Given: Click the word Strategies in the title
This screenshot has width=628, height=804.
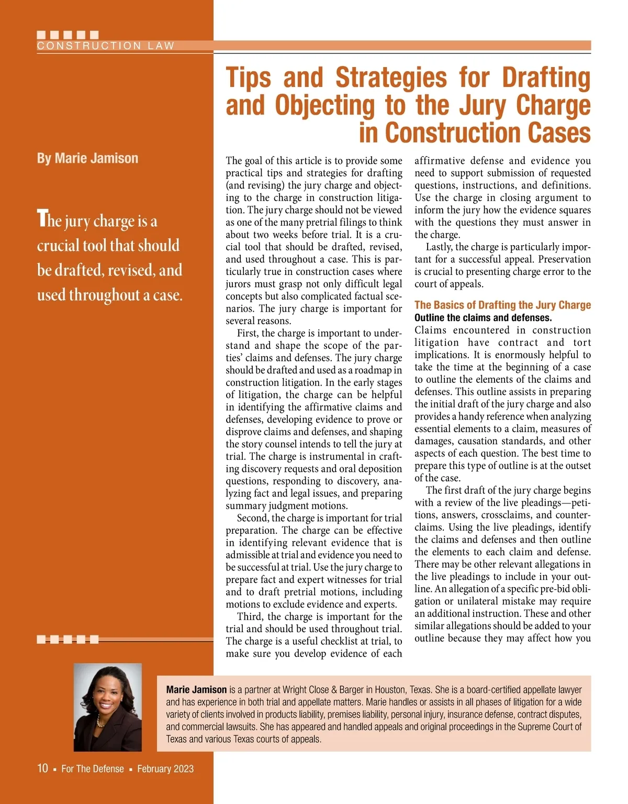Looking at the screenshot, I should tap(391, 78).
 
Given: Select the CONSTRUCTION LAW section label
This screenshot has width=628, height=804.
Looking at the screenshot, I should tap(105, 46).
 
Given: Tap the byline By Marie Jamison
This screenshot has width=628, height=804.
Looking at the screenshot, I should tap(87, 158).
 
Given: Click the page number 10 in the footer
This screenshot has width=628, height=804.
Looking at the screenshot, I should tap(42, 768).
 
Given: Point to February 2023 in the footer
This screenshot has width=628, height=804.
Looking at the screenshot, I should tap(165, 769).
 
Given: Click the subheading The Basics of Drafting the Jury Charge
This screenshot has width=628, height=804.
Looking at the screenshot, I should tap(502, 305).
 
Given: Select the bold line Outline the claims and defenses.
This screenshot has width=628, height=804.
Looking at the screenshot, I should tap(483, 318).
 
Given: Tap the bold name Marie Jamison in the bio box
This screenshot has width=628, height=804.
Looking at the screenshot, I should tap(196, 690).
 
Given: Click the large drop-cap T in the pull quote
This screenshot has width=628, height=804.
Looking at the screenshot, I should tap(42, 219).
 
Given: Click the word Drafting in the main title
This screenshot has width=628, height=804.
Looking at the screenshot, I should tap(546, 78).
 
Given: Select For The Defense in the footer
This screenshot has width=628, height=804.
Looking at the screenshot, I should tap(93, 769).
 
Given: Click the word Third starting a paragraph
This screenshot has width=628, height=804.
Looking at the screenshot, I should tap(250, 616).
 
